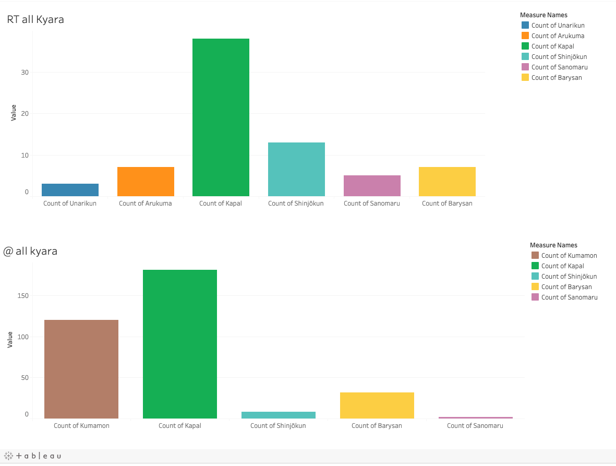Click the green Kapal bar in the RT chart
point(221,117)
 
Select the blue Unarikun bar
point(70,190)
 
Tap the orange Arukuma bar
point(146,182)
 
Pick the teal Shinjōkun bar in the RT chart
point(296,169)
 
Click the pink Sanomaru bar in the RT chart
point(372,186)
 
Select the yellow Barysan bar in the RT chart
point(447,182)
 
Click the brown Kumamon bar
point(81,369)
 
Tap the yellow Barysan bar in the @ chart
point(377,405)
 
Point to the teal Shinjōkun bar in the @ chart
point(279,415)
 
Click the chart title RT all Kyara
point(35,20)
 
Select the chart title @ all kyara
point(30,251)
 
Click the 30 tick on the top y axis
point(25,73)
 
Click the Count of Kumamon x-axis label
point(81,426)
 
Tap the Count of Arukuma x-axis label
point(145,204)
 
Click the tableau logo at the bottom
point(33,456)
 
